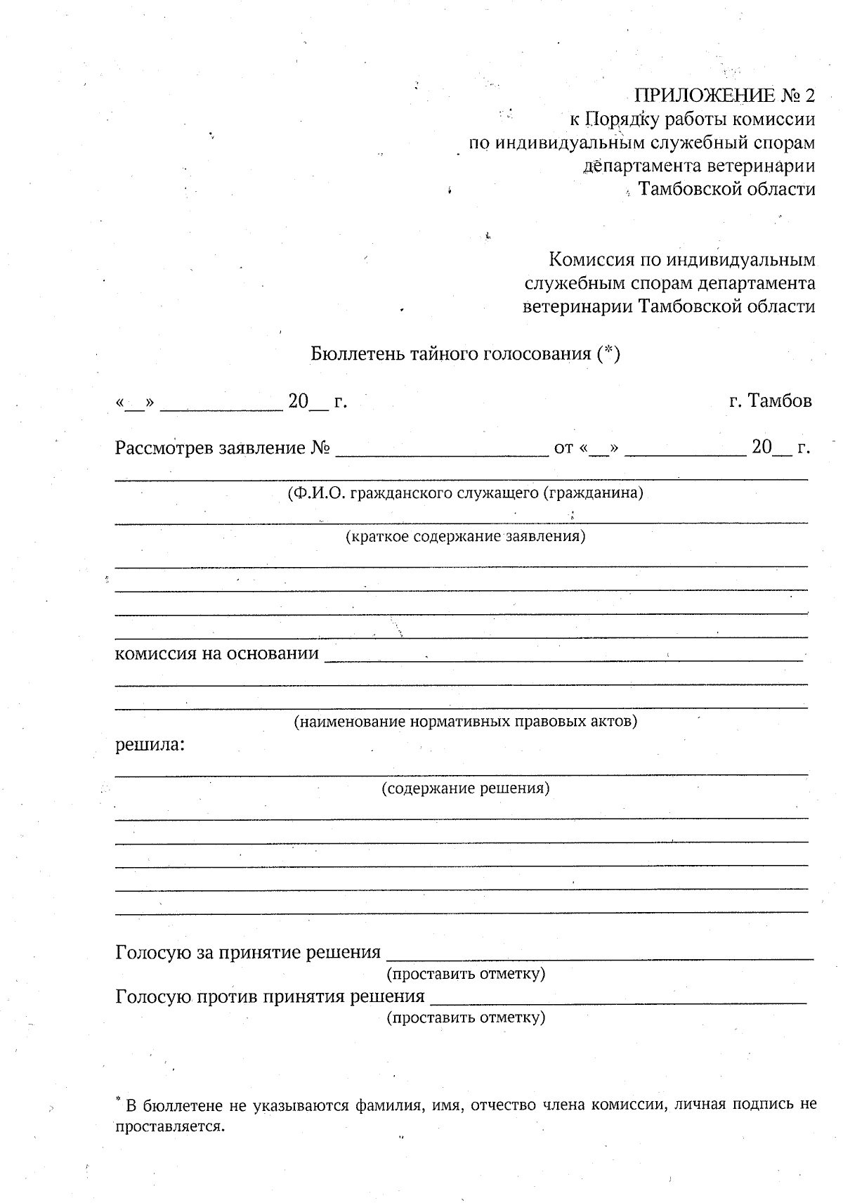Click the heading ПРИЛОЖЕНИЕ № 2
pos(724,96)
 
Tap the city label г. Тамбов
pos(770,401)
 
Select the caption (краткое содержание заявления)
pos(465,537)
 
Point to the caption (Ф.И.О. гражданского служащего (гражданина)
pos(465,493)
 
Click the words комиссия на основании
pos(216,653)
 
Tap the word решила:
pos(150,744)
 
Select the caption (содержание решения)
pos(465,788)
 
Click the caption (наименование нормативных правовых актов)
pos(465,721)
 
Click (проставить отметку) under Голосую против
pos(466,1017)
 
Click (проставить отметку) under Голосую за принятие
pos(466,973)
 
